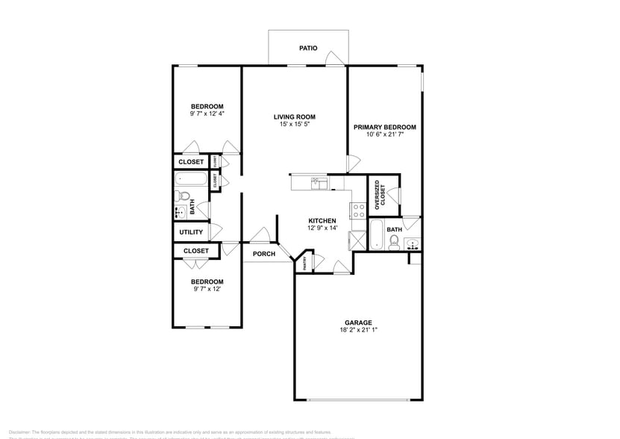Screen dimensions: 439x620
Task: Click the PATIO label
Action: (x=308, y=48)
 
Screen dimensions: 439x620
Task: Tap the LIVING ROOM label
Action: (x=294, y=116)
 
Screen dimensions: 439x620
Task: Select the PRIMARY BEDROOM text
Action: (x=384, y=127)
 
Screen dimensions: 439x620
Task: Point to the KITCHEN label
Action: (x=322, y=221)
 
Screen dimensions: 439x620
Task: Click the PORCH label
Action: (x=263, y=254)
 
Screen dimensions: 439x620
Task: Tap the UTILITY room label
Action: (x=191, y=232)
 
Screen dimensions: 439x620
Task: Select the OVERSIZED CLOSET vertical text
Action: (x=379, y=194)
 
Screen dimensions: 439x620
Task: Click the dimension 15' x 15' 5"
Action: (x=294, y=125)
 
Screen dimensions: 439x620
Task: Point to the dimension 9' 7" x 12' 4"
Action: (x=207, y=114)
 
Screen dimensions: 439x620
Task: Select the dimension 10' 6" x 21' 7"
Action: (x=384, y=135)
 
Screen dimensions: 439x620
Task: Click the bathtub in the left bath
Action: (x=191, y=179)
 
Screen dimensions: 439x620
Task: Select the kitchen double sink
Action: (x=319, y=181)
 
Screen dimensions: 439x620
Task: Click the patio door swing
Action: (x=336, y=59)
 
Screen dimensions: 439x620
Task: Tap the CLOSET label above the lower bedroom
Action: (x=195, y=251)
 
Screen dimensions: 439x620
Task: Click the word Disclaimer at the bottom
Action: (x=19, y=432)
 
